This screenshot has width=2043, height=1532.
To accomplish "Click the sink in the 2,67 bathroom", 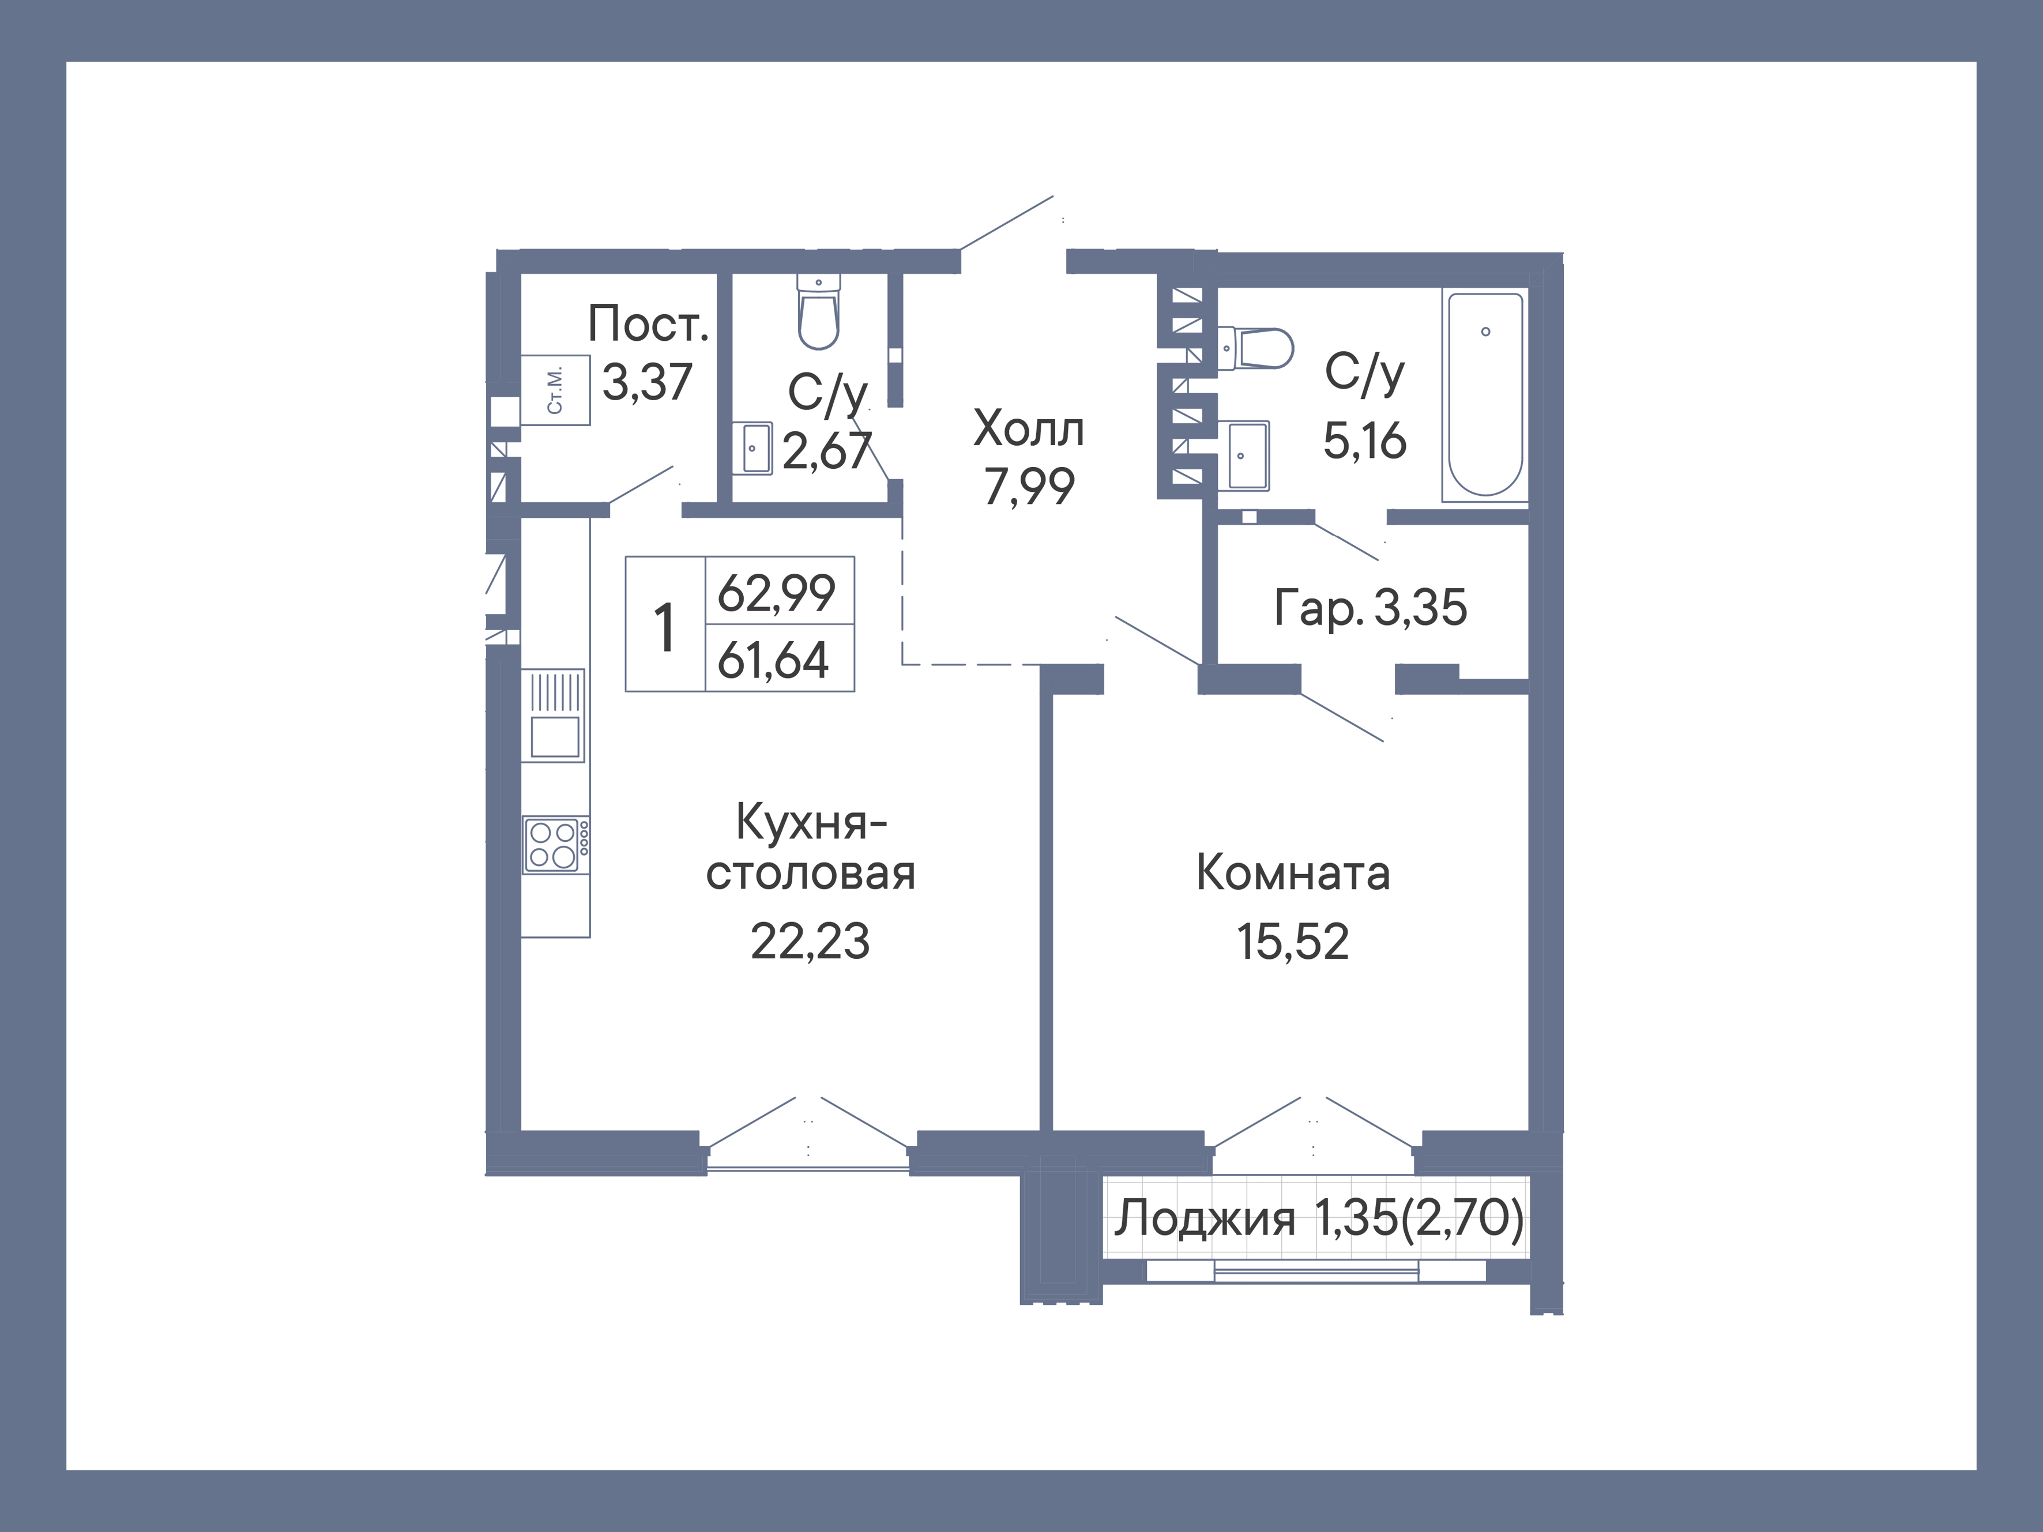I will (757, 448).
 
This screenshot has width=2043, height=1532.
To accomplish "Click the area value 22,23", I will (810, 942).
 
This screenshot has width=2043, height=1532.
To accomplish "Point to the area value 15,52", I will (1293, 942).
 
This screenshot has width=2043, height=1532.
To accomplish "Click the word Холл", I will (1029, 430).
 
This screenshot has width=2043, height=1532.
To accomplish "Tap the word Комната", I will (1293, 872).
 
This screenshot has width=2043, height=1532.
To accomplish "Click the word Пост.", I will (648, 324).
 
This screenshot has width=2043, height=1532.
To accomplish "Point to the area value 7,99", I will (1029, 487).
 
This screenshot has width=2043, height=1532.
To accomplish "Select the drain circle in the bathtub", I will (1485, 332).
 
